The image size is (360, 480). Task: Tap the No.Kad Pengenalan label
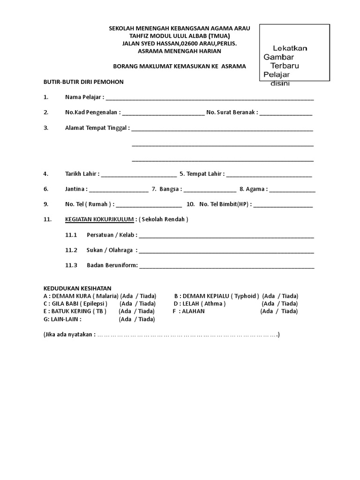[92, 112]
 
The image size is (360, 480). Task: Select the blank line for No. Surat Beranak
[286, 114]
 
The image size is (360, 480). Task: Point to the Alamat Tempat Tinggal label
[97, 127]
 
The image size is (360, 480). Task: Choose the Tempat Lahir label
[205, 174]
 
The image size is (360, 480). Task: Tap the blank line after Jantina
[119, 190]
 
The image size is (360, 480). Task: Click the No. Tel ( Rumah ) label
[89, 204]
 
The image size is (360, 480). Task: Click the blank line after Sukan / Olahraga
[226, 251]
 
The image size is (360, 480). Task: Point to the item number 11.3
[71, 265]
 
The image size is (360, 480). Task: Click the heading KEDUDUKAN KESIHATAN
[77, 288]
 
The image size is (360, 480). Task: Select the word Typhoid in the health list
[245, 296]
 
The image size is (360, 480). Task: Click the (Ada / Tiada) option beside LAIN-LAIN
[137, 319]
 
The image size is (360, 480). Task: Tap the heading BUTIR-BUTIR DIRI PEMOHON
[83, 82]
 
